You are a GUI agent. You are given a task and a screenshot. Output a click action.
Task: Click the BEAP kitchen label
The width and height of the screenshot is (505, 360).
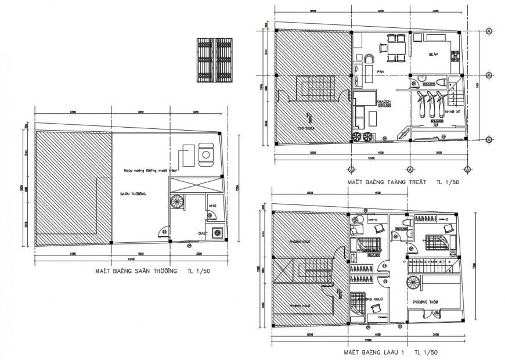tap(432, 54)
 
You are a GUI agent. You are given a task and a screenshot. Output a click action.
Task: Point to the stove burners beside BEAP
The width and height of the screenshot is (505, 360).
tap(456, 55)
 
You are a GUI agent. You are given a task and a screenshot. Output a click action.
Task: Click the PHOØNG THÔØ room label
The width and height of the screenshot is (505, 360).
tap(424, 302)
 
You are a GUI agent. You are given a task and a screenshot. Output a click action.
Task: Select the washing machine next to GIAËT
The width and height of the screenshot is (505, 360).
tap(218, 232)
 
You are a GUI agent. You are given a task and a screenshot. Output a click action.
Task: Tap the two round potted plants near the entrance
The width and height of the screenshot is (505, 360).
tap(362, 137)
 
